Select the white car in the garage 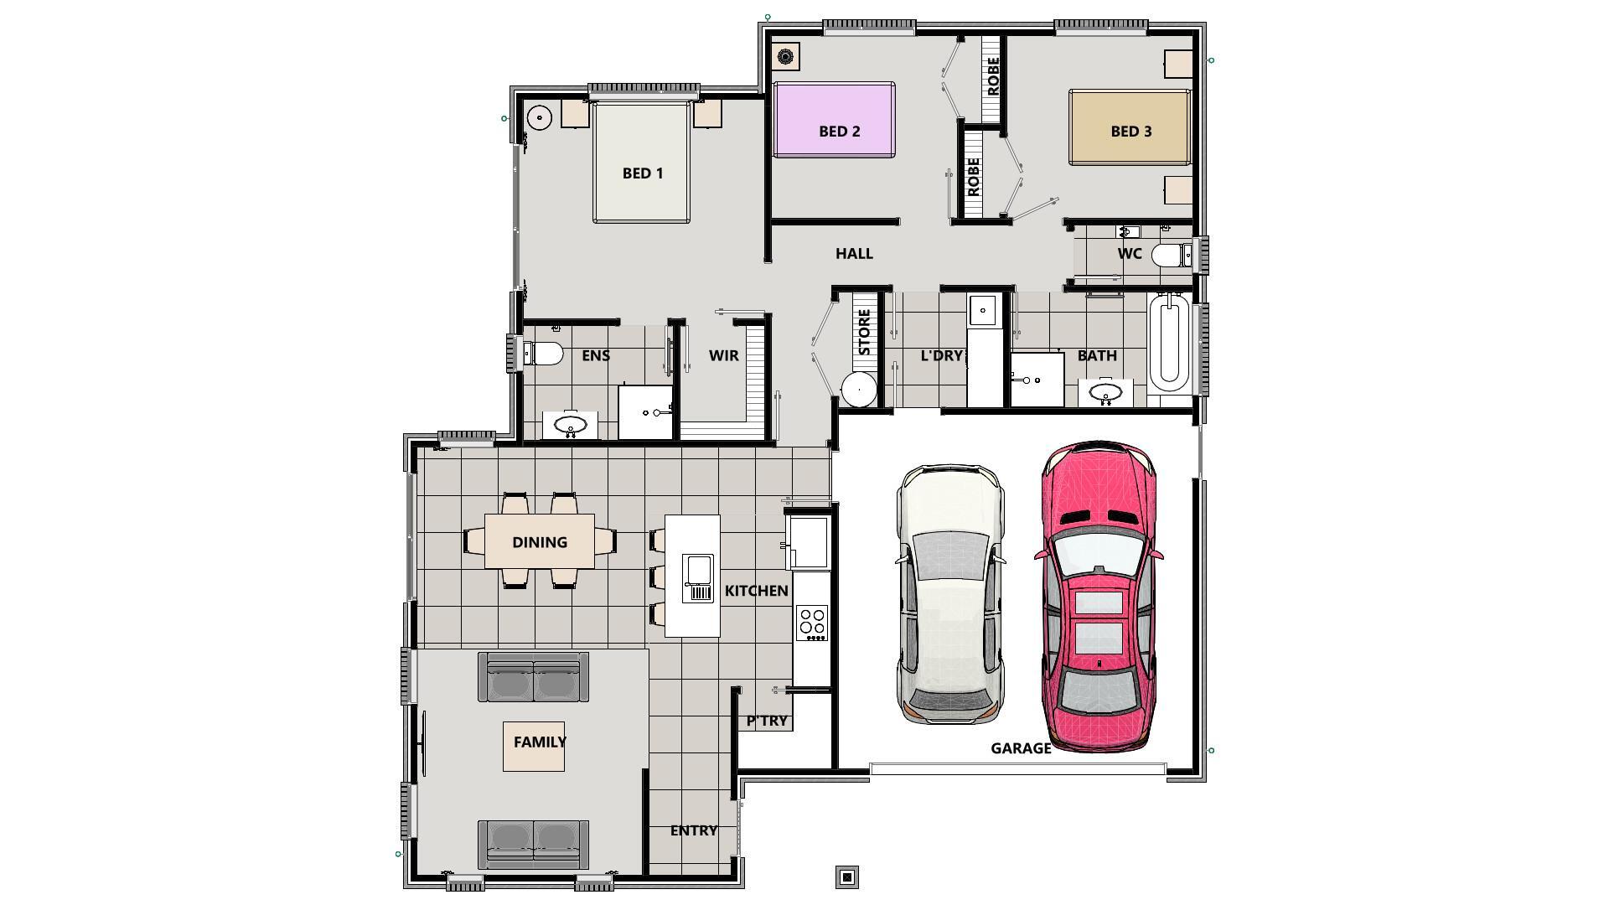[x=950, y=595]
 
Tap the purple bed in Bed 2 [x=834, y=119]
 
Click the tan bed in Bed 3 [x=1129, y=127]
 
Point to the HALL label [x=854, y=253]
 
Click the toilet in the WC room [x=1171, y=254]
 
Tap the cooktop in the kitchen [x=811, y=623]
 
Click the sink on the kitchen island [x=697, y=577]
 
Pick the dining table [x=540, y=541]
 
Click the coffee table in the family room [x=534, y=746]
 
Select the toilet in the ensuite [x=543, y=354]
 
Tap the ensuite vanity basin [x=571, y=424]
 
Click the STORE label [x=864, y=332]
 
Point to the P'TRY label [x=767, y=721]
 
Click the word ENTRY [x=693, y=830]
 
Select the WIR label [x=723, y=355]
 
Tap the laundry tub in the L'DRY [x=982, y=310]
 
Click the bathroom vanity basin [x=1105, y=393]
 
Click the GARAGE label [x=1020, y=748]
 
